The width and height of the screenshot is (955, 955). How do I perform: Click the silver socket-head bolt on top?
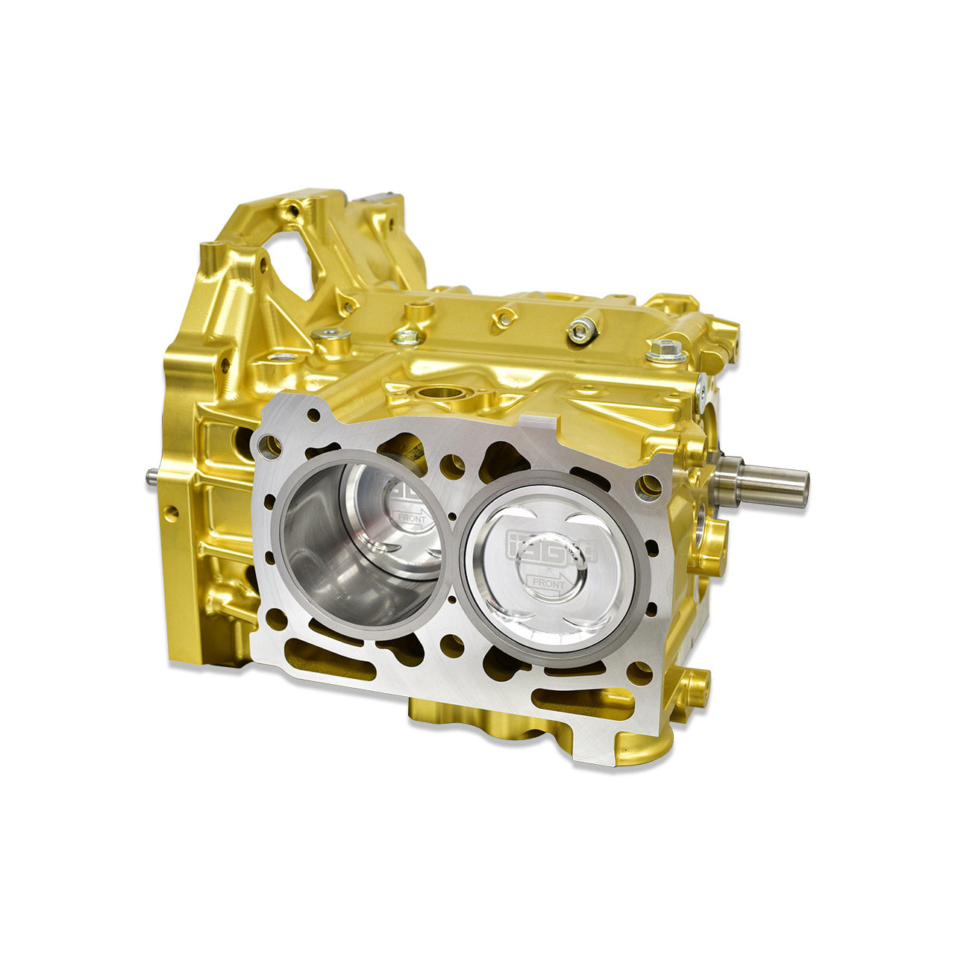click(x=581, y=329)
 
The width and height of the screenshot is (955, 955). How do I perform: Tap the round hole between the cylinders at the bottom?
click(x=452, y=645)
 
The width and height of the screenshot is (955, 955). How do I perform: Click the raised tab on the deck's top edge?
click(x=540, y=426)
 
